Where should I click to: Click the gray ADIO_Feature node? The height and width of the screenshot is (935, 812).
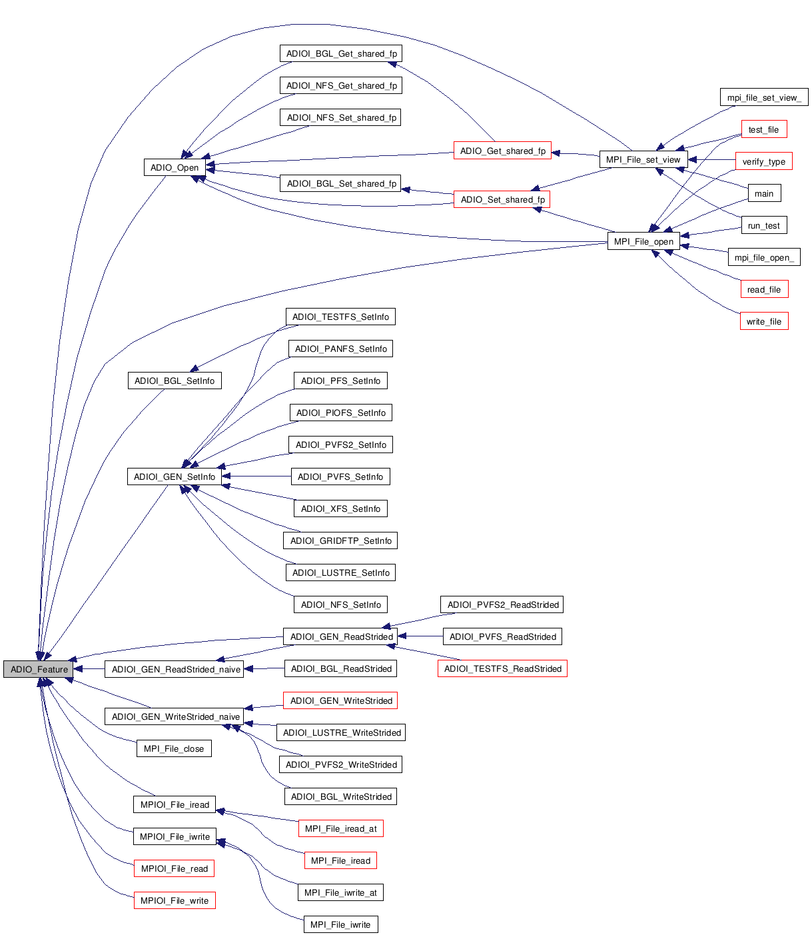(39, 669)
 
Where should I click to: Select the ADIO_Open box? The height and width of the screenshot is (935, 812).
(175, 167)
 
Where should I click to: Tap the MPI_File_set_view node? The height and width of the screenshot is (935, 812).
(643, 159)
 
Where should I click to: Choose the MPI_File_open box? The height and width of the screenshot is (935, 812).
(643, 241)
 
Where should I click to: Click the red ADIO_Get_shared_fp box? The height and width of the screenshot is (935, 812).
(502, 151)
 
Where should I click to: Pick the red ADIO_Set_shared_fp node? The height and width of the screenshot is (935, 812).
(502, 199)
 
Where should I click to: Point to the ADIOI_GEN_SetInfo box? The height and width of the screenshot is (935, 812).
(175, 476)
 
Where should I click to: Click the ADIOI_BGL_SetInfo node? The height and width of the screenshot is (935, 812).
(175, 381)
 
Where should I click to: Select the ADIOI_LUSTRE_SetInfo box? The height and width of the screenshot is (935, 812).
(340, 572)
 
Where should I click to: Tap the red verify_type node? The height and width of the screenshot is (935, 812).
(763, 161)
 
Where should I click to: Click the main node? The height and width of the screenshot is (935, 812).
(763, 193)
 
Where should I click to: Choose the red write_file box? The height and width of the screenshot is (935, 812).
(763, 321)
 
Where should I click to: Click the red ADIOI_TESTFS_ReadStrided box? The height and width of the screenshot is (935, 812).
(502, 668)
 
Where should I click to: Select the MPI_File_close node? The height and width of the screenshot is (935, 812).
(174, 748)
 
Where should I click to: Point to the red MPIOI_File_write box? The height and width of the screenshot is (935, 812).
(175, 900)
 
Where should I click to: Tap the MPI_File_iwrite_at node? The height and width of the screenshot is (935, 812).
(340, 892)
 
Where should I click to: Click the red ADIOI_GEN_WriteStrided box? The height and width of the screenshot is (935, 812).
(340, 700)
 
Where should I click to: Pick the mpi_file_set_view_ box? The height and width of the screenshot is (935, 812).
(763, 97)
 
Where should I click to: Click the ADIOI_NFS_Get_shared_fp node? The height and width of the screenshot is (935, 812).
(341, 85)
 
